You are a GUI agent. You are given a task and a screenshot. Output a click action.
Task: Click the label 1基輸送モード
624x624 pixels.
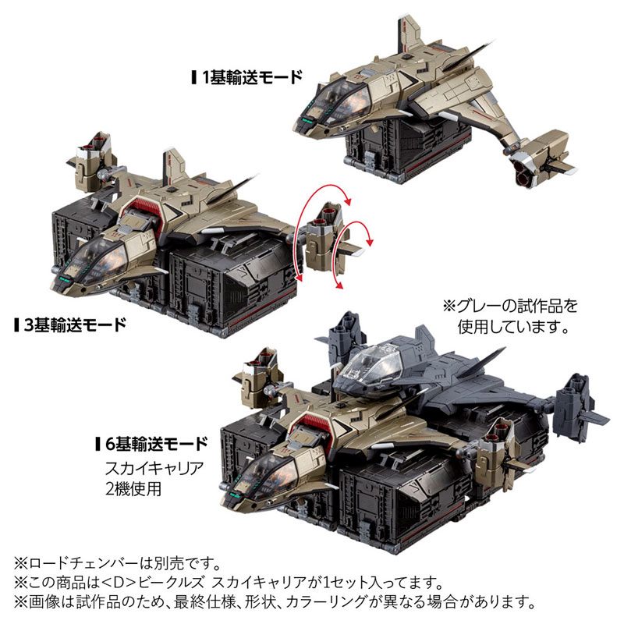(251, 77)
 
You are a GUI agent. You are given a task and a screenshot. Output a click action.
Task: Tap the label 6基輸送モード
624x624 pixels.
(156, 445)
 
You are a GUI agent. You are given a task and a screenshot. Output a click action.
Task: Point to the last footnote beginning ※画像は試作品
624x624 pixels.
(273, 602)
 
